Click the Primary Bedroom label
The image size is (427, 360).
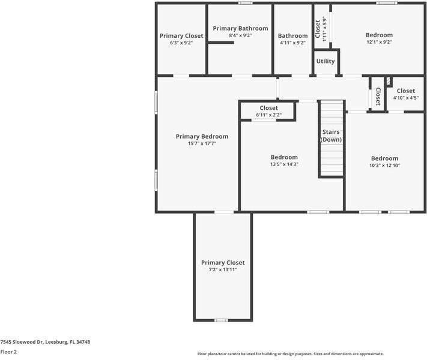tap(202, 136)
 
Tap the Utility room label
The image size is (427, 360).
tap(326, 61)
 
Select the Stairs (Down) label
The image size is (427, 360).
tap(331, 136)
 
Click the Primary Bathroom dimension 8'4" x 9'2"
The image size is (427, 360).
tap(240, 36)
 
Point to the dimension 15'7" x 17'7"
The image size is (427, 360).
tap(202, 143)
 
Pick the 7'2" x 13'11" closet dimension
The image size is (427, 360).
tap(223, 270)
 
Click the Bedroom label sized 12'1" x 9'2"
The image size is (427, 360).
tap(379, 35)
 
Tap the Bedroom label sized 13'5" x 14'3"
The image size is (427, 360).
tap(284, 157)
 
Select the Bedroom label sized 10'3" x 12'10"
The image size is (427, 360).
tap(384, 158)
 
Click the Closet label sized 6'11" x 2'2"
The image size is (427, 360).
tap(268, 108)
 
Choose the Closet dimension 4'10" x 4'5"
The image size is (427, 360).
tap(405, 98)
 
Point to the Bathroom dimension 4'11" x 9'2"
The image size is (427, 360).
tap(292, 43)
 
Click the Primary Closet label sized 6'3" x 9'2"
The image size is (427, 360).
tap(181, 36)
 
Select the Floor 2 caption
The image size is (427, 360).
tap(8, 352)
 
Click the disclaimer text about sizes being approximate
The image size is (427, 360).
tap(291, 354)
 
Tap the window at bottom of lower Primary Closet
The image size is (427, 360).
tap(222, 320)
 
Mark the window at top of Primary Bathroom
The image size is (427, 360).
tap(244, 3)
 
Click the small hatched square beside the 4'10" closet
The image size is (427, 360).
tap(389, 80)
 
